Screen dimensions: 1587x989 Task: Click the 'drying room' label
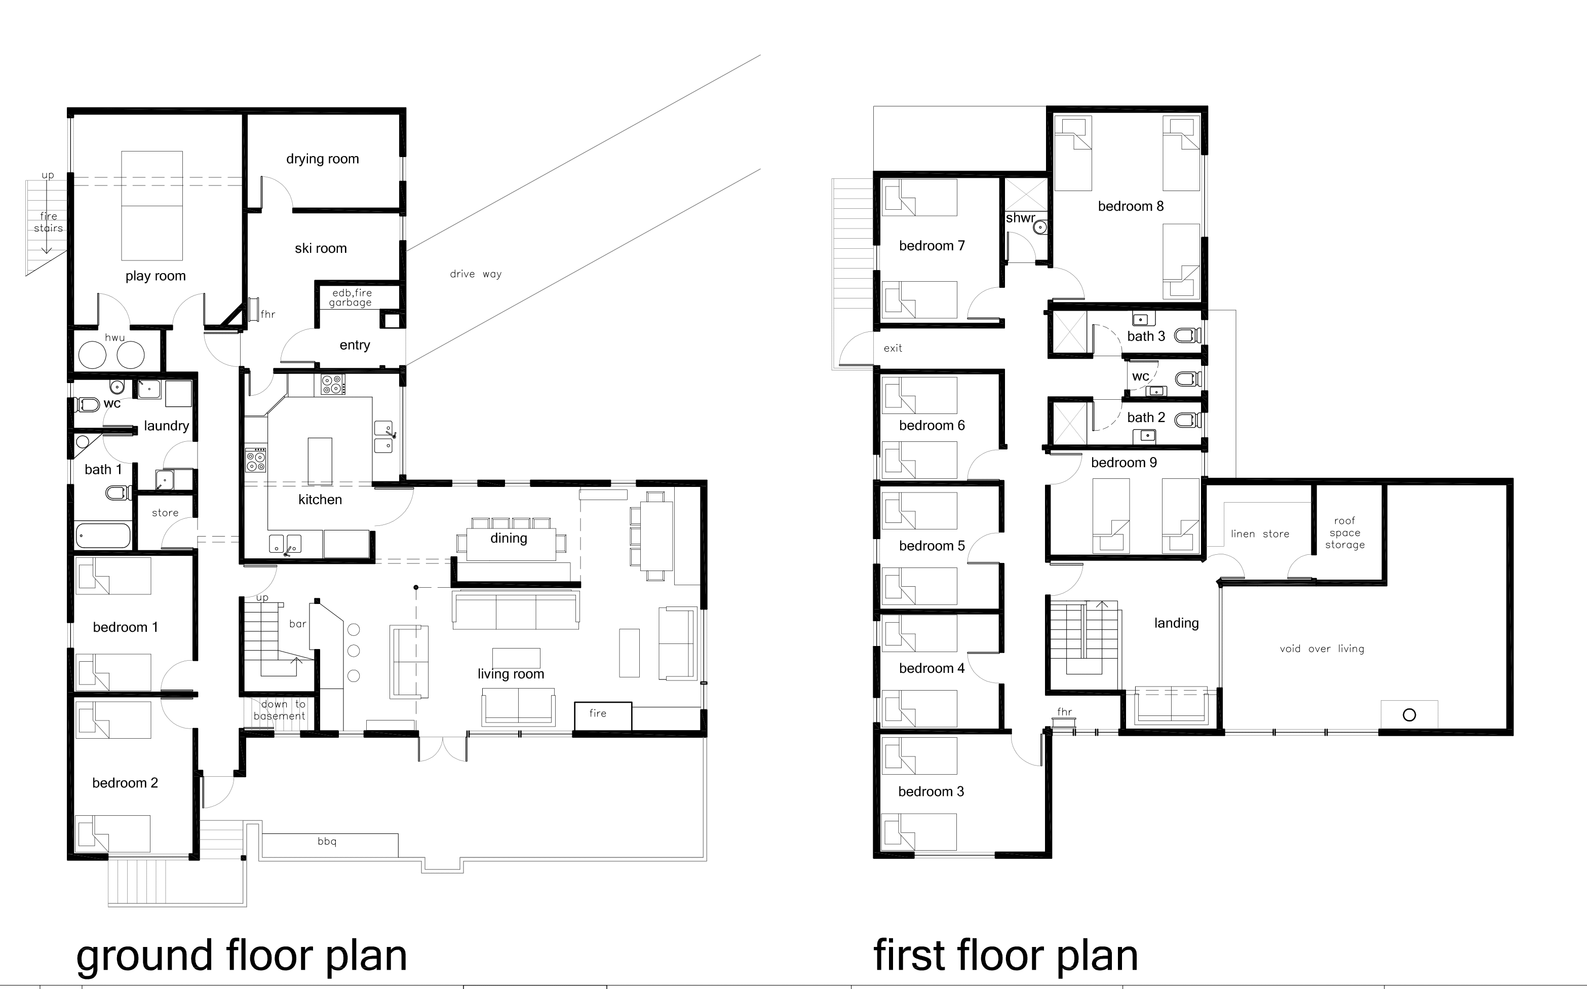tap(322, 159)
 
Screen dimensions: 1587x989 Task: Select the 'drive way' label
tap(475, 274)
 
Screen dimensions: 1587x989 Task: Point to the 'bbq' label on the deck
tap(327, 842)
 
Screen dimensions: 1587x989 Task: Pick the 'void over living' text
tap(1322, 649)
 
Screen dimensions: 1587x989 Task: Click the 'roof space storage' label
tap(1344, 532)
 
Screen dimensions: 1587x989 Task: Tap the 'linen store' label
tap(1260, 534)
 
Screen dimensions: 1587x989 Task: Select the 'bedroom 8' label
tap(1131, 206)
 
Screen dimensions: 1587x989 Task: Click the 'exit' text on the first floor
tap(893, 348)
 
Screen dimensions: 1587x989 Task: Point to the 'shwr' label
tap(1020, 218)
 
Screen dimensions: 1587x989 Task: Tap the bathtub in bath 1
tap(103, 536)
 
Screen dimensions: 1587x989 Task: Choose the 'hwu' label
tap(114, 337)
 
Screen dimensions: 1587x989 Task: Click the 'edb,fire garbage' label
tap(352, 297)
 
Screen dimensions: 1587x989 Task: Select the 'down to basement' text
tap(280, 710)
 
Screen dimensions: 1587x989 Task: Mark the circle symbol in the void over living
tap(1409, 715)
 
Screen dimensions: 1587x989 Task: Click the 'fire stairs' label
tap(49, 222)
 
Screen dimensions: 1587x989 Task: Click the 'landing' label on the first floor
tap(1176, 623)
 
